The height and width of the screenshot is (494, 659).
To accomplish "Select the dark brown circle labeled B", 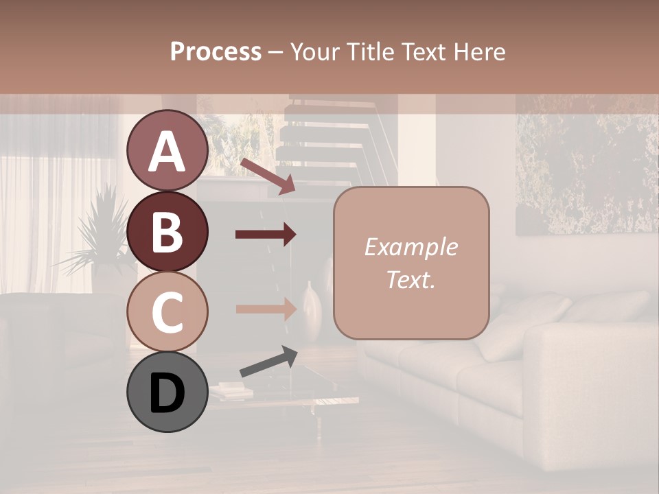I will click(167, 231).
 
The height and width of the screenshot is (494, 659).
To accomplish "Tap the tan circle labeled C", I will click(167, 311).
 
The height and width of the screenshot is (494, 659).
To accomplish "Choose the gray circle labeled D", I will click(167, 392).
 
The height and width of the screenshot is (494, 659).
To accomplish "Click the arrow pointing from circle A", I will click(267, 176).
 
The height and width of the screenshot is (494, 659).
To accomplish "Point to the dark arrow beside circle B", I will click(266, 235).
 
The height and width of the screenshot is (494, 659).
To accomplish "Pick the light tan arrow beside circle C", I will click(266, 309).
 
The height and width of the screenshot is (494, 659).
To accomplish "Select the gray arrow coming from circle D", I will click(268, 362).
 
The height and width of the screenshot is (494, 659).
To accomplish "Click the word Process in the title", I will click(216, 51).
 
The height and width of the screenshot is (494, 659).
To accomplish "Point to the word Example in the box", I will click(411, 247).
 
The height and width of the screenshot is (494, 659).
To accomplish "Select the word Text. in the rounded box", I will click(411, 279).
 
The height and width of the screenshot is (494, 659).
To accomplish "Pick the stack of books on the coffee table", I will click(231, 391).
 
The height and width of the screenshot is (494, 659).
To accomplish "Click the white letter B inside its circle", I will click(167, 232).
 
